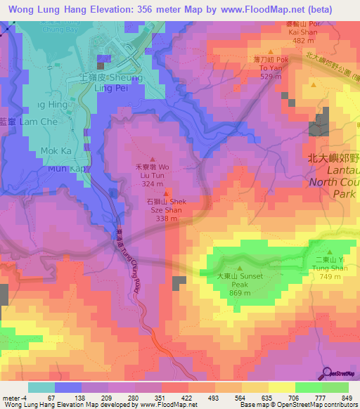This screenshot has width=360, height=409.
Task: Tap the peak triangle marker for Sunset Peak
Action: point(240,268)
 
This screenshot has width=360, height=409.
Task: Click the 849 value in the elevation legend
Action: point(345,398)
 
